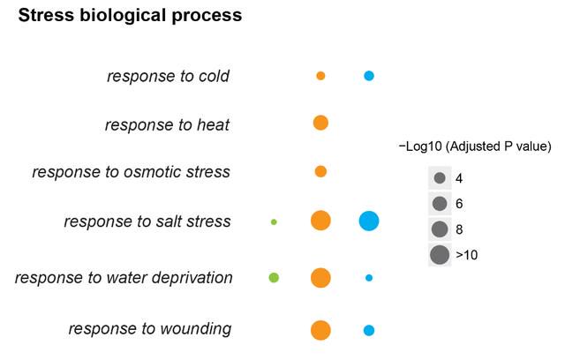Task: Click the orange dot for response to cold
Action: [320, 76]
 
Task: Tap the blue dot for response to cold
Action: [369, 76]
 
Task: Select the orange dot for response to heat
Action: [320, 123]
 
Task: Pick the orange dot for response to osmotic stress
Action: [320, 171]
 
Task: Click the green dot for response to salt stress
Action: [274, 222]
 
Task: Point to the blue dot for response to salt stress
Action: [369, 221]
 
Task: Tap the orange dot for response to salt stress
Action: [320, 221]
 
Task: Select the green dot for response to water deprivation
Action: [274, 278]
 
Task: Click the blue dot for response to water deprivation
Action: [369, 278]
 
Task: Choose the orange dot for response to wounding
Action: [320, 330]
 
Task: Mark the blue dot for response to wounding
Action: [369, 330]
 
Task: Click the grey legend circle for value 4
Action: [440, 178]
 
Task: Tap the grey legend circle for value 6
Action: [440, 204]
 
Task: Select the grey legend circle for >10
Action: [440, 255]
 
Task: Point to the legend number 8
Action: [459, 229]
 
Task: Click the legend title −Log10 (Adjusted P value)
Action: [475, 146]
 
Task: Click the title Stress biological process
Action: [130, 16]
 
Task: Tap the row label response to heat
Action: [167, 125]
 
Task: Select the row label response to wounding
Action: [150, 329]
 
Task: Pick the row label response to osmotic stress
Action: [132, 172]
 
